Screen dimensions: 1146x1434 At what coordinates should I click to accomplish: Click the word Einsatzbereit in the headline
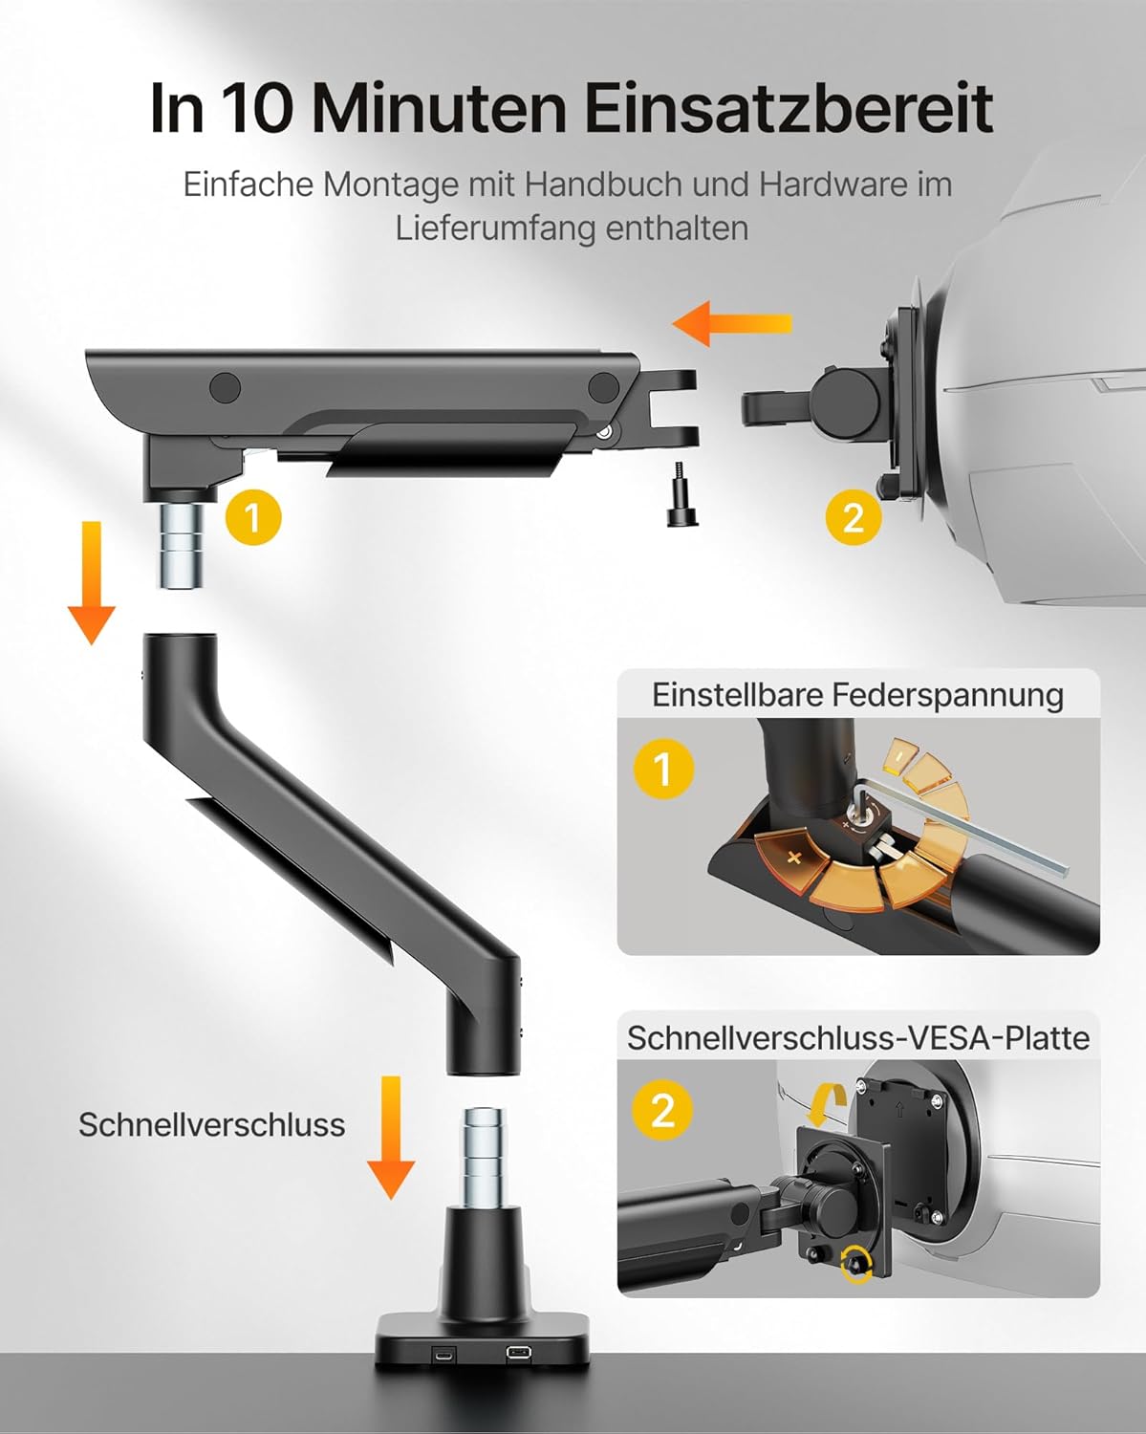pyautogui.click(x=789, y=108)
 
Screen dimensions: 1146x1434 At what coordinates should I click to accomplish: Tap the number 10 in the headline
pyautogui.click(x=256, y=108)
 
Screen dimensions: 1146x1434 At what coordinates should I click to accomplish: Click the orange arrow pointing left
pyautogui.click(x=731, y=324)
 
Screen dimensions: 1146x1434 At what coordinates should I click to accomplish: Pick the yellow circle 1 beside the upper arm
pyautogui.click(x=253, y=518)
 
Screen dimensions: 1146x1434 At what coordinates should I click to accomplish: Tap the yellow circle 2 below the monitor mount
pyautogui.click(x=854, y=518)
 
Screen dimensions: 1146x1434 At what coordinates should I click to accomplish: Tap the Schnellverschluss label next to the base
pyautogui.click(x=212, y=1125)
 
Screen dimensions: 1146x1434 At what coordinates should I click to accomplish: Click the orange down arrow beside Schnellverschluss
pyautogui.click(x=391, y=1139)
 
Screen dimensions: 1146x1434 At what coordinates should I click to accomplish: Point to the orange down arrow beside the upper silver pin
pyautogui.click(x=92, y=583)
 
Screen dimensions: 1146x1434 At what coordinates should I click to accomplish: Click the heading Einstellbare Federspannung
pyautogui.click(x=857, y=695)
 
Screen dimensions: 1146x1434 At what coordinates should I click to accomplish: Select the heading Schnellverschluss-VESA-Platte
pyautogui.click(x=858, y=1037)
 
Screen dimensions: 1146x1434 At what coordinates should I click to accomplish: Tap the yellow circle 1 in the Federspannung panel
pyautogui.click(x=663, y=769)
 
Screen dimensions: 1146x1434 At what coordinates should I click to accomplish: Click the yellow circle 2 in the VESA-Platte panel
pyautogui.click(x=663, y=1110)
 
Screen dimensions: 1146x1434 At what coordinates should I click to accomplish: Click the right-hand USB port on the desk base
pyautogui.click(x=517, y=1352)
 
